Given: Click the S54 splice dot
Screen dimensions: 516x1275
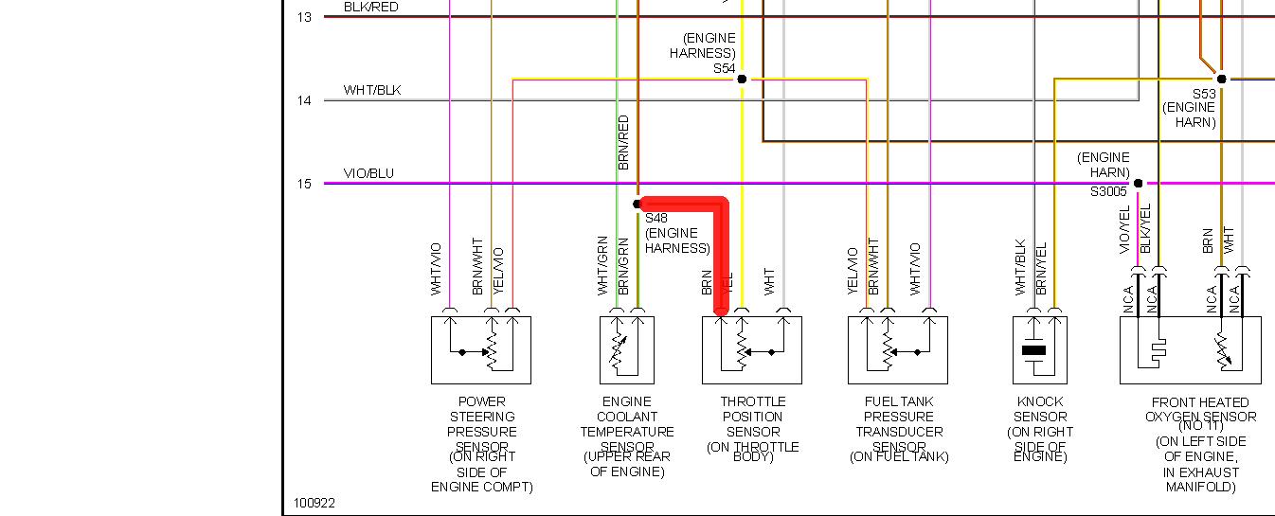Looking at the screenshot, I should (x=742, y=79).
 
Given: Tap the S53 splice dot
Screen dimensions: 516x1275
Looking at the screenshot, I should (x=1221, y=79).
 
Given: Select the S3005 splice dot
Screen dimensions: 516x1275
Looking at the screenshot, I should (x=1139, y=183).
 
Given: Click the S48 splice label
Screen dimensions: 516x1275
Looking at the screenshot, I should (x=656, y=218).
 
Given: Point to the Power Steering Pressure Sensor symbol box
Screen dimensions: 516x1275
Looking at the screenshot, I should (x=480, y=349).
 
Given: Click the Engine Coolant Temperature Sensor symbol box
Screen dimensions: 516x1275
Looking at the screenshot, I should (x=626, y=349).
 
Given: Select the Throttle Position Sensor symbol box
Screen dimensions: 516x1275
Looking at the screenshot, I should (x=751, y=349).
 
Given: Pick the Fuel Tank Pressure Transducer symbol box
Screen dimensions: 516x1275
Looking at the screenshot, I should (x=898, y=349).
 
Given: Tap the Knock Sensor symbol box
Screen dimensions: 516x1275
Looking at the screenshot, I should (x=1040, y=349).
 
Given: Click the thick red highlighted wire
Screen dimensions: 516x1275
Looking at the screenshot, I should (x=722, y=246).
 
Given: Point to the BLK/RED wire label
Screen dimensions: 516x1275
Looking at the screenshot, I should (x=371, y=7).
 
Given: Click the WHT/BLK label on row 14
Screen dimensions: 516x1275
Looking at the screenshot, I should (x=372, y=90).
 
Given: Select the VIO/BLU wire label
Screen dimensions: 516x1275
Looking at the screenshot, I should (x=368, y=173).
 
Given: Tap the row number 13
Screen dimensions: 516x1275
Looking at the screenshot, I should (x=304, y=17).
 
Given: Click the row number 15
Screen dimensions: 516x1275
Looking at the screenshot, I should (x=304, y=184).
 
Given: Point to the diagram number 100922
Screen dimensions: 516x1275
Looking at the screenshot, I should (x=314, y=504).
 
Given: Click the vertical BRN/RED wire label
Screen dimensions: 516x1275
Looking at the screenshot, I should (x=623, y=142).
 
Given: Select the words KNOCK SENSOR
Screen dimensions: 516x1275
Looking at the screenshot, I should (x=1040, y=409).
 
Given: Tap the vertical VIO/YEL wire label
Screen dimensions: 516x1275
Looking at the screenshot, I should (x=1125, y=229).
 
